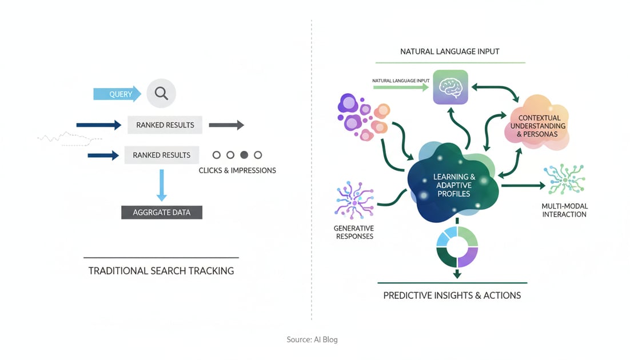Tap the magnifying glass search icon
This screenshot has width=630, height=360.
(161, 93)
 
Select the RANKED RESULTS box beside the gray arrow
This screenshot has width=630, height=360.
(165, 125)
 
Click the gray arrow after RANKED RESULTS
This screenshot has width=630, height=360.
(226, 125)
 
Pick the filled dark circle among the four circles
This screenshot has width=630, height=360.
(244, 155)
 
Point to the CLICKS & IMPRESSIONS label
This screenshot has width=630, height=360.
(237, 170)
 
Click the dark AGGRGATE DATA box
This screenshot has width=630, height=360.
(162, 212)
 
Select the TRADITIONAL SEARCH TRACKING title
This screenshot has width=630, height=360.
(161, 271)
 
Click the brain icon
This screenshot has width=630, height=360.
(450, 87)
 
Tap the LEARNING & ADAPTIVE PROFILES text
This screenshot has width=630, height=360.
(454, 185)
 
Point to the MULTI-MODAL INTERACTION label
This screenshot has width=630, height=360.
(564, 210)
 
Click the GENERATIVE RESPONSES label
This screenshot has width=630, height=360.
(353, 232)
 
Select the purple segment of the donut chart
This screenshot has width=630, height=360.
(468, 256)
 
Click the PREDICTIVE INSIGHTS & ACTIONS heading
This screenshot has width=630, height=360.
(452, 295)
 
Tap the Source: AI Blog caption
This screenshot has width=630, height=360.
(312, 339)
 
